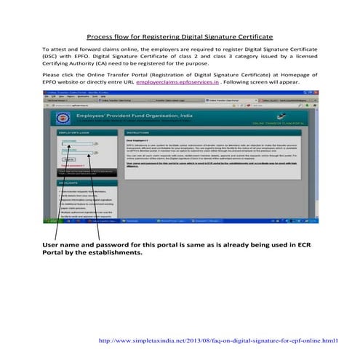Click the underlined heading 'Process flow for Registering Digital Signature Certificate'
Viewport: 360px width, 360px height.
pos(180,36)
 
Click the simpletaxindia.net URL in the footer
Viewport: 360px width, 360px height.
pos(218,340)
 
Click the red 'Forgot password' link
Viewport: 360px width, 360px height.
pos(71,165)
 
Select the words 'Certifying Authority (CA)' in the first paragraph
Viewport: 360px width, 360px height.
pos(81,63)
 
